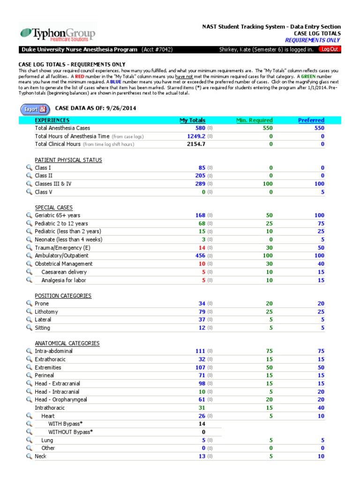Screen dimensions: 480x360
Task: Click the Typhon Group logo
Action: point(57,34)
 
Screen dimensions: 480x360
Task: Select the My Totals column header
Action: point(192,120)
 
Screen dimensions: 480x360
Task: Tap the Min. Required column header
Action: point(254,120)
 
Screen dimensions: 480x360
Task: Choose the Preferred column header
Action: point(311,120)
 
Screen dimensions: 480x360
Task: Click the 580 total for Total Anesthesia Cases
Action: point(200,128)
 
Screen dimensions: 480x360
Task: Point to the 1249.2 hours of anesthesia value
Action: point(196,136)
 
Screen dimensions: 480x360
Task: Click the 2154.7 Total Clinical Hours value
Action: point(196,144)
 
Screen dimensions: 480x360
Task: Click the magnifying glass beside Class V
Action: point(29,192)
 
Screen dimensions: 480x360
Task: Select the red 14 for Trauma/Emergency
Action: point(202,247)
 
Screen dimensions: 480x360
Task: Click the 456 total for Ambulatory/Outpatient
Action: point(200,255)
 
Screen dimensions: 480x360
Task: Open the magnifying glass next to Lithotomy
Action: point(29,311)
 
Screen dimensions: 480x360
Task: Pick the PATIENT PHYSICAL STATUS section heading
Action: point(68,160)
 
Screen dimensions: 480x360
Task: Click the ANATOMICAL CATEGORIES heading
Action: point(67,343)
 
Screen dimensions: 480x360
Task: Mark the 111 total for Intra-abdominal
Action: point(200,351)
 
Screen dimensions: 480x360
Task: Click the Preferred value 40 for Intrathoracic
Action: point(321,408)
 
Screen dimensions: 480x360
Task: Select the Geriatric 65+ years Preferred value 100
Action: point(319,215)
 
